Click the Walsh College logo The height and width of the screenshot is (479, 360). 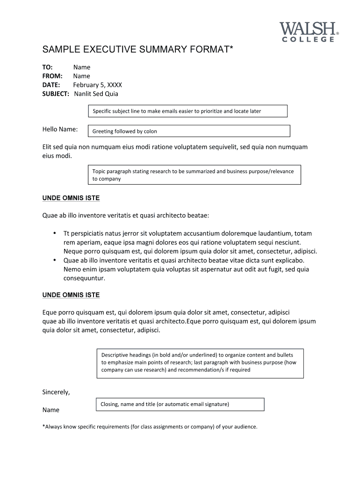point(309,31)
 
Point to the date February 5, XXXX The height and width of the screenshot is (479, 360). point(97,85)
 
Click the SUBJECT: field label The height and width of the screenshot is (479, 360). point(56,94)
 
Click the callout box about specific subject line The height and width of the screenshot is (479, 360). point(187,111)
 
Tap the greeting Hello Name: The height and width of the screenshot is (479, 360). point(60,129)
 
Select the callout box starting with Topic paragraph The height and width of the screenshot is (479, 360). point(194,175)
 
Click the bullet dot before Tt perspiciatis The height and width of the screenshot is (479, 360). point(55,233)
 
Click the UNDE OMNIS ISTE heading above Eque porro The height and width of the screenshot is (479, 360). point(71,295)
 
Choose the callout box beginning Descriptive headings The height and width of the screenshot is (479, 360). point(200,363)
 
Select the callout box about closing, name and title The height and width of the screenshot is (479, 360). point(180,404)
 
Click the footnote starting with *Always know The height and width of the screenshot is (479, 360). point(150,427)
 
